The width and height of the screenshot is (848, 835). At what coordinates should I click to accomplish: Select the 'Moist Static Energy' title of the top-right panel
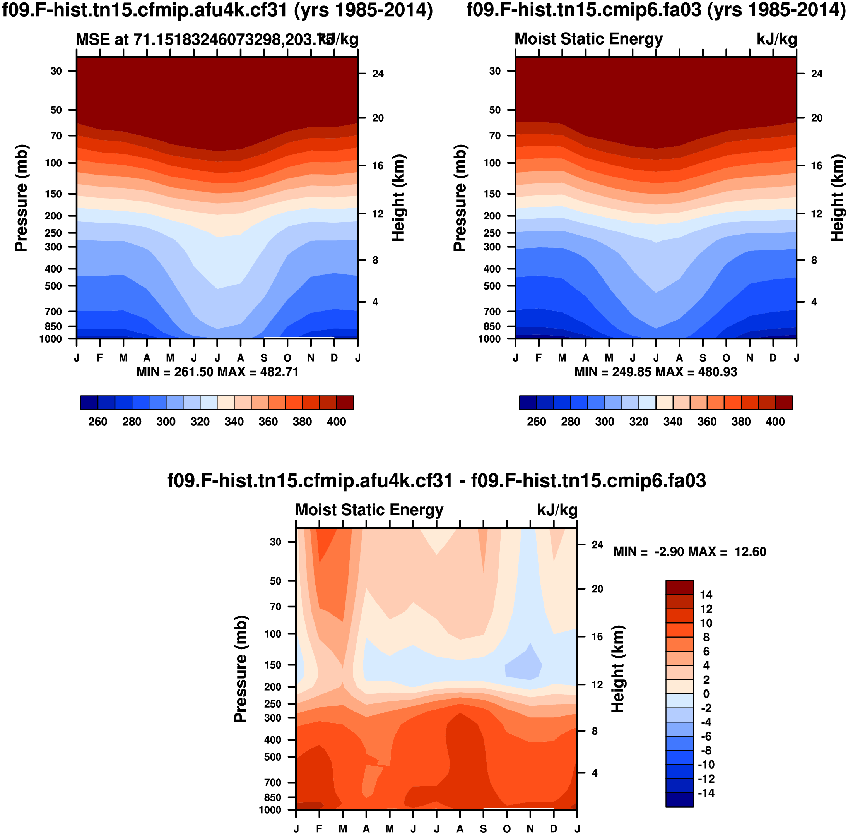point(588,39)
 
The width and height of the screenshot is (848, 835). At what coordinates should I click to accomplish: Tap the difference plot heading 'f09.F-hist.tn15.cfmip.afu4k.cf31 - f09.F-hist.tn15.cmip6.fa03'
point(436,481)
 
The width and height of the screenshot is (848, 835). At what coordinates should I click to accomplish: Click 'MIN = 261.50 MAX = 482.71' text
point(217,372)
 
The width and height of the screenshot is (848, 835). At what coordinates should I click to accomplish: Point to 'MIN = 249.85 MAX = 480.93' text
point(656,372)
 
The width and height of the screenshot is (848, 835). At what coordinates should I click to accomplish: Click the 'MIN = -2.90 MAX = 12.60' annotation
point(690,551)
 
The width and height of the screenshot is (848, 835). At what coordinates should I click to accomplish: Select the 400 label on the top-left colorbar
point(336,422)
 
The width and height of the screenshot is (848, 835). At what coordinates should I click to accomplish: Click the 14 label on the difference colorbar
point(706,595)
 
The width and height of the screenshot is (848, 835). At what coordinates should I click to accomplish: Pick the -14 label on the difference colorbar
point(705,793)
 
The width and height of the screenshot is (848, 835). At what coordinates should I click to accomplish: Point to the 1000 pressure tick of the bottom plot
point(270,809)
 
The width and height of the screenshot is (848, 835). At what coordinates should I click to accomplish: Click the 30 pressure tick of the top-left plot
point(56,71)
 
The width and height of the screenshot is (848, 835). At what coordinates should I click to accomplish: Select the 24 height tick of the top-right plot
point(816,74)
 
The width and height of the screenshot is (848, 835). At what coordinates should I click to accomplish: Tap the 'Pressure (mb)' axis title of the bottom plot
point(241,669)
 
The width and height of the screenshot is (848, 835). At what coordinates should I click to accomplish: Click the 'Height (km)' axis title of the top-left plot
point(398,198)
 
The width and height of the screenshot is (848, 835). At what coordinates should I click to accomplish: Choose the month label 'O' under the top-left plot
point(287,358)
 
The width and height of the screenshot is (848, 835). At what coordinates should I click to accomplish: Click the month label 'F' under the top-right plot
point(539,358)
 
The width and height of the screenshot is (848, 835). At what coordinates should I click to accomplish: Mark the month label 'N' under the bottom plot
point(530,829)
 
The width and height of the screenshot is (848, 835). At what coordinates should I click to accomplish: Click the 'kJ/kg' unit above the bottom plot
point(557,510)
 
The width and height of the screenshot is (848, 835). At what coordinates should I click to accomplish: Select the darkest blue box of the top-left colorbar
point(89,403)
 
